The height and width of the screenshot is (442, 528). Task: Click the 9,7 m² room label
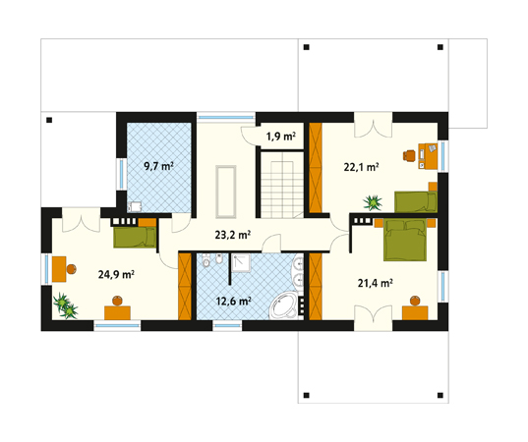tap(158, 166)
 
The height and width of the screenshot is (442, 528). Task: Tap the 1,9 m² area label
tap(281, 137)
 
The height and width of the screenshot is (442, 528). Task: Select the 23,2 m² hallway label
tap(232, 235)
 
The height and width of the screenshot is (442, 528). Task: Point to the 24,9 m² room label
tap(116, 275)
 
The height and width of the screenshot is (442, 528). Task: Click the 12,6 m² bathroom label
tap(233, 302)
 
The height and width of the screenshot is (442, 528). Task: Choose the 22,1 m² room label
tap(361, 167)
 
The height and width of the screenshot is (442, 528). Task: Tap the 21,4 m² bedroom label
tap(376, 284)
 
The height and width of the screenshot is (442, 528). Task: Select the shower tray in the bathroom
tap(241, 263)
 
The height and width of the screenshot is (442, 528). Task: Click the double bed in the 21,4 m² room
tap(405, 239)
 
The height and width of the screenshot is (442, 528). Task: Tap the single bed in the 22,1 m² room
tap(416, 201)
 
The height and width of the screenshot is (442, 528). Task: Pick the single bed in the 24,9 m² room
tap(135, 238)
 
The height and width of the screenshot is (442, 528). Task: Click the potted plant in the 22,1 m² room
tap(373, 203)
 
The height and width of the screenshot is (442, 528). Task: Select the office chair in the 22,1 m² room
tap(409, 155)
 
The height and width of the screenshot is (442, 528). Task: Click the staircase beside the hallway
tap(282, 185)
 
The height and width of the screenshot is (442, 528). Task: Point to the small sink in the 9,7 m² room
tap(135, 207)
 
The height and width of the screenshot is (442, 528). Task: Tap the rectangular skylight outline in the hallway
tap(226, 192)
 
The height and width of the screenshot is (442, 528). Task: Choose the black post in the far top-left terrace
tap(49, 120)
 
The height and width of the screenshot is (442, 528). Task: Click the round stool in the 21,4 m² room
tap(415, 301)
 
